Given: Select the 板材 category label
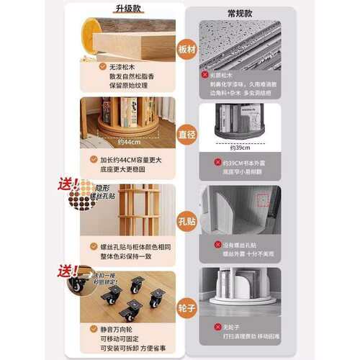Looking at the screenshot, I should point(186,49).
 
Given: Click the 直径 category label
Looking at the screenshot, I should point(186,134).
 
